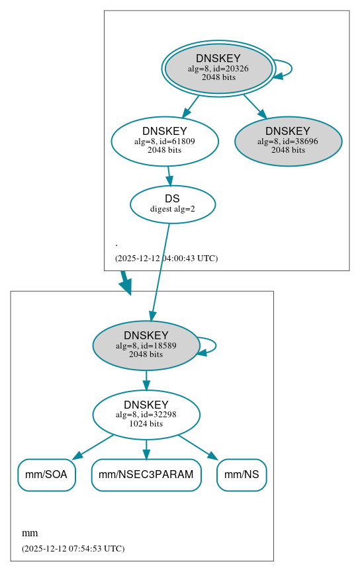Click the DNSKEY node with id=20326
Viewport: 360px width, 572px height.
point(218,68)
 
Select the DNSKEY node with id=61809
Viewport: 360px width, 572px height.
point(165,141)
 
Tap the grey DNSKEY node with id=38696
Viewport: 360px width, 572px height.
point(288,141)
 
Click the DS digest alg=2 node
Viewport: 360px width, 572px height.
point(172,204)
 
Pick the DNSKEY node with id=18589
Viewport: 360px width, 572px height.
point(146,345)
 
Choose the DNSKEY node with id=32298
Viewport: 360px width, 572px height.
point(146,415)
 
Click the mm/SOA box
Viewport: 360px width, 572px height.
point(46,475)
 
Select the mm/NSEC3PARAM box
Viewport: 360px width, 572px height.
point(146,475)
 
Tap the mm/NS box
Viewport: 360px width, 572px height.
point(242,475)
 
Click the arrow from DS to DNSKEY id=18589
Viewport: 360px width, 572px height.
point(160,271)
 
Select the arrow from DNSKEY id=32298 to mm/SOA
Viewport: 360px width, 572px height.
point(93,447)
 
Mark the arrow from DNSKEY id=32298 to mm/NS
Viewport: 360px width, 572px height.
point(198,447)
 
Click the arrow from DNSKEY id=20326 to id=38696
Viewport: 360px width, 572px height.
point(254,106)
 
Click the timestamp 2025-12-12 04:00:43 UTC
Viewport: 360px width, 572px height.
point(166,258)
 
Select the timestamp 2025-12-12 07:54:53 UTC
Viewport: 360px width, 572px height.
point(73,548)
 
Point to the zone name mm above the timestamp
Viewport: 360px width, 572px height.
point(30,533)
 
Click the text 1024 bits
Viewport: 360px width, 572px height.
point(146,424)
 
